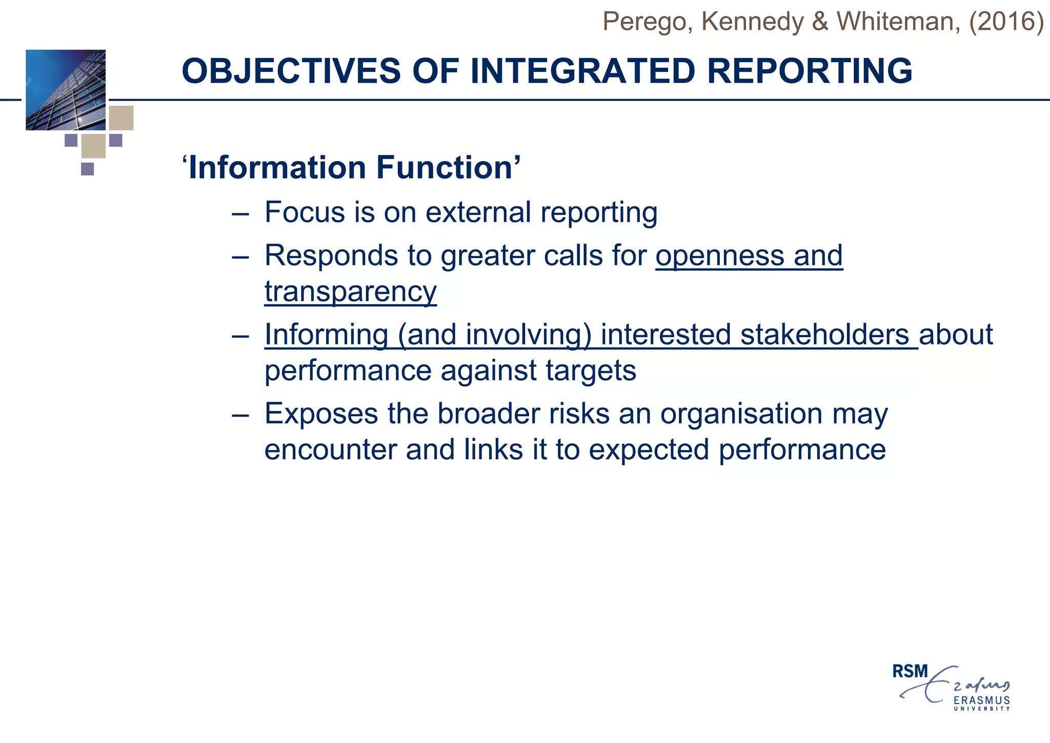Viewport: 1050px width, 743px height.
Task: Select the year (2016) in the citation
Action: click(x=1006, y=22)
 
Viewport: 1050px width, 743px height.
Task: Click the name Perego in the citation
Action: click(x=645, y=22)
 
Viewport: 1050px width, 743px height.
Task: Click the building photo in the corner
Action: click(x=66, y=90)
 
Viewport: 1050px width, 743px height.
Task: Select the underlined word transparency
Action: click(x=350, y=291)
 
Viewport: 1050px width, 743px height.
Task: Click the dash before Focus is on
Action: click(x=240, y=213)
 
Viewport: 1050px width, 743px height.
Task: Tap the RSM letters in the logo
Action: click(x=910, y=671)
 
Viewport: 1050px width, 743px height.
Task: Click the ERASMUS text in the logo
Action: click(x=981, y=700)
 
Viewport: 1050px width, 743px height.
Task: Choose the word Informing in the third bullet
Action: click(x=326, y=335)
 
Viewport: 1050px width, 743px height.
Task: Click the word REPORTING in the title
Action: click(x=810, y=71)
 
